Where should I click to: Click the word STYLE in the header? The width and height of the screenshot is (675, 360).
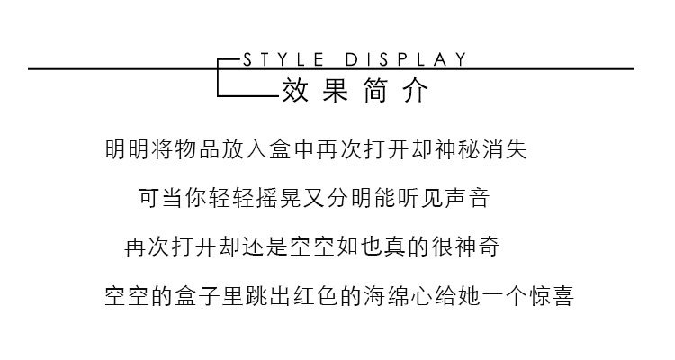283,59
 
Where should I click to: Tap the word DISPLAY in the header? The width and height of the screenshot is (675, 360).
406,59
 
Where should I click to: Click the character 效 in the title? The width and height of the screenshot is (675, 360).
295,90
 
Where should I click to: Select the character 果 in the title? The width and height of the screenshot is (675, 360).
336,90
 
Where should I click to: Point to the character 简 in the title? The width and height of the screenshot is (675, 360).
376,90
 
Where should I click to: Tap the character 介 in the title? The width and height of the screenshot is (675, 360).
417,90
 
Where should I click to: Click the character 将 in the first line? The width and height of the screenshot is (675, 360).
164,149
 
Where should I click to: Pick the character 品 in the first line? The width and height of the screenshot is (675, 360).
211,149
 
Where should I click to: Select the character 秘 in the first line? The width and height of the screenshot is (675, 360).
469,149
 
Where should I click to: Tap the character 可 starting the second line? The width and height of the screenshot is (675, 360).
149,198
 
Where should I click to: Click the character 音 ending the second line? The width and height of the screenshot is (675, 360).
479,198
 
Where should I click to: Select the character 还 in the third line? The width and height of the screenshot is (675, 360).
253,247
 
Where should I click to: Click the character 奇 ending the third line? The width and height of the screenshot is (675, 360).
488,247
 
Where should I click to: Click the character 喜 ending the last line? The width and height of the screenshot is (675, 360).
562,296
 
